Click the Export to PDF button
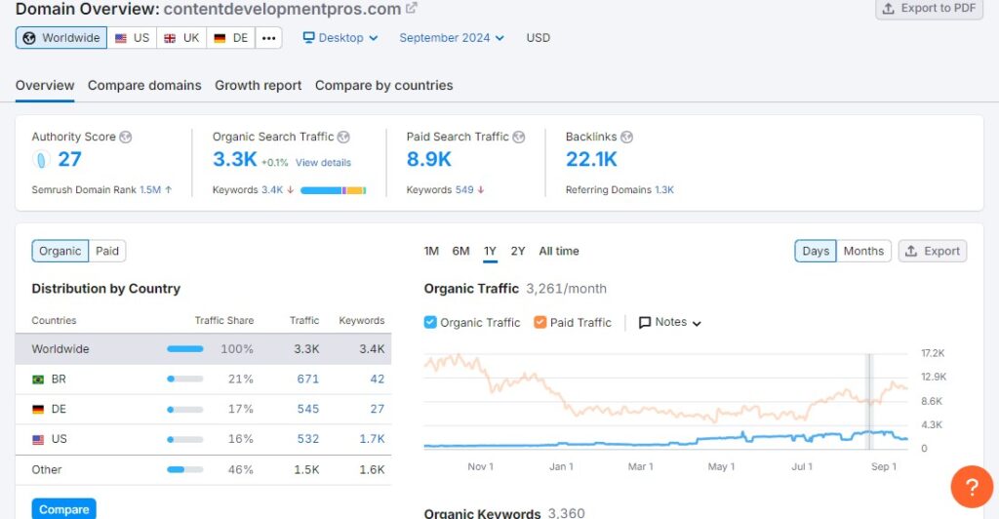(929, 9)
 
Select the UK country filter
(182, 38)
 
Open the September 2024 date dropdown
(452, 38)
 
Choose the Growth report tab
(259, 86)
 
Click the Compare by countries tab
(383, 86)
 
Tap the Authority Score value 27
(69, 159)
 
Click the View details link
(323, 162)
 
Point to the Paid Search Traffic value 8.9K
(429, 159)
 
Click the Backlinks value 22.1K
(591, 159)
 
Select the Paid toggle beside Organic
(107, 251)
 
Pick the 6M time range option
(460, 251)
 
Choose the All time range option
(559, 251)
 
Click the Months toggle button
(863, 251)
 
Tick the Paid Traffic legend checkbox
(540, 322)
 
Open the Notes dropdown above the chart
(670, 322)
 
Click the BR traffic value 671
(308, 379)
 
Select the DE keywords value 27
(377, 409)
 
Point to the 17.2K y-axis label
(934, 352)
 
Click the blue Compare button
(63, 509)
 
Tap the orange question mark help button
(972, 486)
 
